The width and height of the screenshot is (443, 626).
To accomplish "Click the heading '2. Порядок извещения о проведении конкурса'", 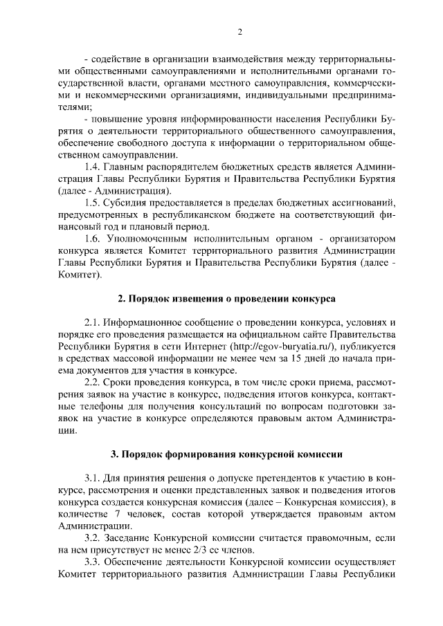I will click(226, 299).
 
